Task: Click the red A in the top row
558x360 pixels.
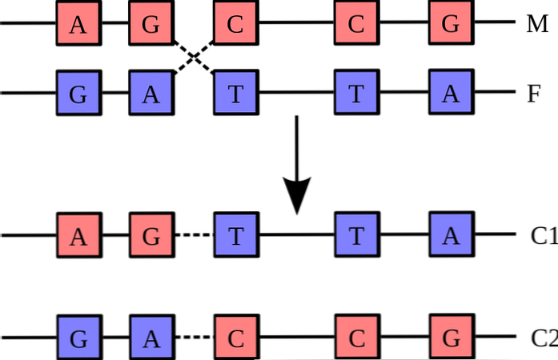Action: (x=78, y=24)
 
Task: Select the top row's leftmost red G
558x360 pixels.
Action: (x=151, y=24)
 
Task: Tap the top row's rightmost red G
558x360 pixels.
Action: (x=451, y=23)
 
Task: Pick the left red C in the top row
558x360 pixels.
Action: (x=235, y=24)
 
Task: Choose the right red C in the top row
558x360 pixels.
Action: (x=356, y=23)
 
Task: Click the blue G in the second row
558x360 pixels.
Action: (x=78, y=94)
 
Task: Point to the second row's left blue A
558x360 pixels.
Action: (x=151, y=94)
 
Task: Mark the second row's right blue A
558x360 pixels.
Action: (x=451, y=93)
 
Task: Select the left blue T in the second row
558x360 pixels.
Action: (x=235, y=94)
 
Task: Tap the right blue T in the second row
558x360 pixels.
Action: (x=356, y=93)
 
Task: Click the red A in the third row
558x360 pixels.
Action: (x=78, y=237)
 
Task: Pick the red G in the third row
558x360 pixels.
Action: (x=151, y=237)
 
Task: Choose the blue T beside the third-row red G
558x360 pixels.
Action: (x=236, y=236)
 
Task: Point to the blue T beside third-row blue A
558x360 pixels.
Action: (x=356, y=234)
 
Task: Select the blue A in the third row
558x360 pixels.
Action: (x=451, y=234)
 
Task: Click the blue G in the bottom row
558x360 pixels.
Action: (x=78, y=338)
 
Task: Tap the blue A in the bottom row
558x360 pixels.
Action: (x=151, y=338)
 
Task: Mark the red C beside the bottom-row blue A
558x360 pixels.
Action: (x=236, y=338)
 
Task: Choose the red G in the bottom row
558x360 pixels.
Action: (x=452, y=337)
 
